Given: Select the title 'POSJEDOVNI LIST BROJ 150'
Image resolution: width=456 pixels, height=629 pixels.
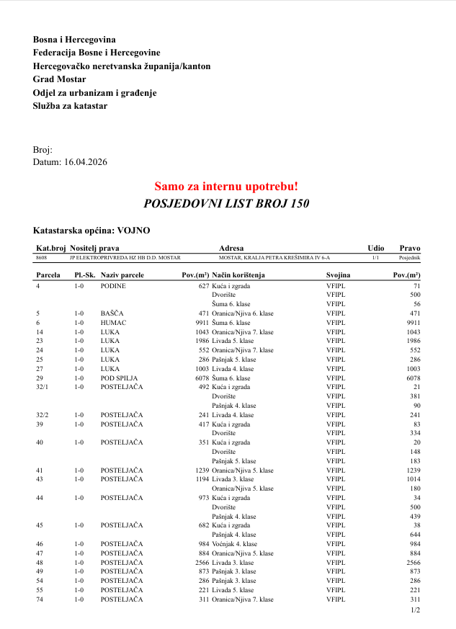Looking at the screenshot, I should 227,204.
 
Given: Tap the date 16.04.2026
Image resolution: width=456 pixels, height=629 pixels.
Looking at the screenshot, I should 86,163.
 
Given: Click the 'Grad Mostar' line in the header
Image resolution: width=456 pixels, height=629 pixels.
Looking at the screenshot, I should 59,79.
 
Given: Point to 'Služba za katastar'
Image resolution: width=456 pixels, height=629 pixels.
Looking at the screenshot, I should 70,106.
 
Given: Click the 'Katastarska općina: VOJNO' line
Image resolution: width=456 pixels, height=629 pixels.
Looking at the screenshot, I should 92,231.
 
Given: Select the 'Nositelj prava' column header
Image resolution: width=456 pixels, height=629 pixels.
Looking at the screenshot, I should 94,248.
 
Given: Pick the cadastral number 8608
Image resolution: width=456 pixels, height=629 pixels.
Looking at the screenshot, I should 41,257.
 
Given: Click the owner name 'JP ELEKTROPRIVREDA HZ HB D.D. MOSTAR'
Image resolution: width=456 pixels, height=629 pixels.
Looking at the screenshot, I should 125,257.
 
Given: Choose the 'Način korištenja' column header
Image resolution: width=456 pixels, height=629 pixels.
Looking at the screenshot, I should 238,276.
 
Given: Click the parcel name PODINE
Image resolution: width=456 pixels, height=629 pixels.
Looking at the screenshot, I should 113,286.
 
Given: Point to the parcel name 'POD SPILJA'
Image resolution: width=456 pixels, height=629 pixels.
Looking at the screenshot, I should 119,378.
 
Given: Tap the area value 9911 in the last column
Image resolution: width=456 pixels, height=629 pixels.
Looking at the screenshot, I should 413,323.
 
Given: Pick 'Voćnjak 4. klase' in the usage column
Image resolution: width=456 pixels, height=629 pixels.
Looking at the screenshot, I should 235,544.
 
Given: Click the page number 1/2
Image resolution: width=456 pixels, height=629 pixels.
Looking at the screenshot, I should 415,610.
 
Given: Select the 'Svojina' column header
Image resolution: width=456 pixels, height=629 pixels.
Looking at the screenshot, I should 338,276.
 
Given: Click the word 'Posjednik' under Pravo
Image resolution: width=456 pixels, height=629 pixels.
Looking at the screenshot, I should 410,257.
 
